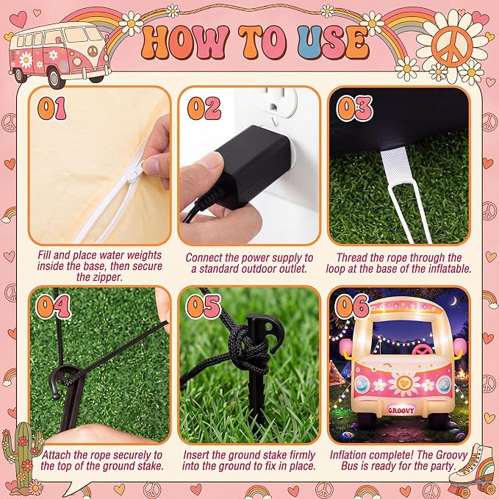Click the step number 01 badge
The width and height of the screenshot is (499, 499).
tap(52, 108)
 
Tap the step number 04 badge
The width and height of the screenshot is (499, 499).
tap(53, 306)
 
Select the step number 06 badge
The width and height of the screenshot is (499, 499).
tap(352, 306)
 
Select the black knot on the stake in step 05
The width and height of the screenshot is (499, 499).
tap(248, 353)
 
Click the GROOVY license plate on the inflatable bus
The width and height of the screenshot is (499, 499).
tap(401, 410)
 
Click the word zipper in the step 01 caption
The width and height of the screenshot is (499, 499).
tap(107, 277)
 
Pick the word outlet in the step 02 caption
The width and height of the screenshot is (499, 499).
tap(292, 269)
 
